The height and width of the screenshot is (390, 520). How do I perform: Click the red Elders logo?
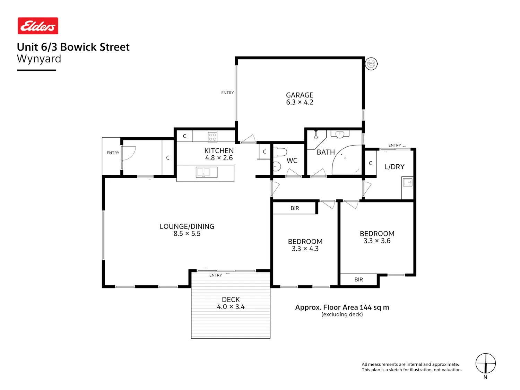[38, 26]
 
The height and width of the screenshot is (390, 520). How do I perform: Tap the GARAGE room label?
[300, 95]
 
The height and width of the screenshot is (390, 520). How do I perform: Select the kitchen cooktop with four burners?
[212, 137]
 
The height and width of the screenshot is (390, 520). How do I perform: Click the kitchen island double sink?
[206, 172]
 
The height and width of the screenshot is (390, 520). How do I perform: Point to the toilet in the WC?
[280, 152]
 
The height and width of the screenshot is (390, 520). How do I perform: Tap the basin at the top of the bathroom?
[340, 134]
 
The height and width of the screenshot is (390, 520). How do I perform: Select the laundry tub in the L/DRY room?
[407, 182]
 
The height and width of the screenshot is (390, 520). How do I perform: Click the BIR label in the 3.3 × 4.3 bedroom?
[295, 208]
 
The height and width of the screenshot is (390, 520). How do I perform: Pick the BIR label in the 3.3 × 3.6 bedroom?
[358, 279]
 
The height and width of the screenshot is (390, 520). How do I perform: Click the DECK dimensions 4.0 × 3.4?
[231, 307]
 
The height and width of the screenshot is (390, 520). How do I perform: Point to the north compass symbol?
[485, 363]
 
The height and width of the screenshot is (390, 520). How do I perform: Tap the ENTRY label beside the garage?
[227, 93]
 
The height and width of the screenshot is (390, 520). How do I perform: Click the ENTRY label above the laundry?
[395, 145]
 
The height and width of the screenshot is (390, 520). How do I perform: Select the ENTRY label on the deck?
[215, 275]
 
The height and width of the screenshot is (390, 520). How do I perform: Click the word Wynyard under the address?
[39, 59]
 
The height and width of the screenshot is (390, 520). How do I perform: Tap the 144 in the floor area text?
[365, 307]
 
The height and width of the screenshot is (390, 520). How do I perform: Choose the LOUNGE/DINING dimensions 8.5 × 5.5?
[187, 234]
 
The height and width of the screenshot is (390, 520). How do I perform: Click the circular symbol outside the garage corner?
[371, 64]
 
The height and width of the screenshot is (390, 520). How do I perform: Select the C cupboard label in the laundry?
[371, 163]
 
